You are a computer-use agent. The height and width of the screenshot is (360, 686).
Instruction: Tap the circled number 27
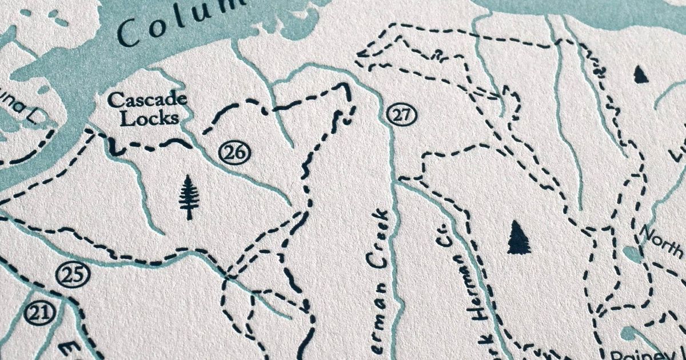coord(401,114)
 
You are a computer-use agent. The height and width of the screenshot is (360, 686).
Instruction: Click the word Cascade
coord(147,101)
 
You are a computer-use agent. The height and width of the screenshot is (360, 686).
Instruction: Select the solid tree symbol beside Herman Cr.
coord(519,237)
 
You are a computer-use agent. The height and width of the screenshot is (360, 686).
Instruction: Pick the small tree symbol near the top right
coord(641,74)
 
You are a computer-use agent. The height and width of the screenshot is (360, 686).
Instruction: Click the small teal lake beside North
coord(632,254)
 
